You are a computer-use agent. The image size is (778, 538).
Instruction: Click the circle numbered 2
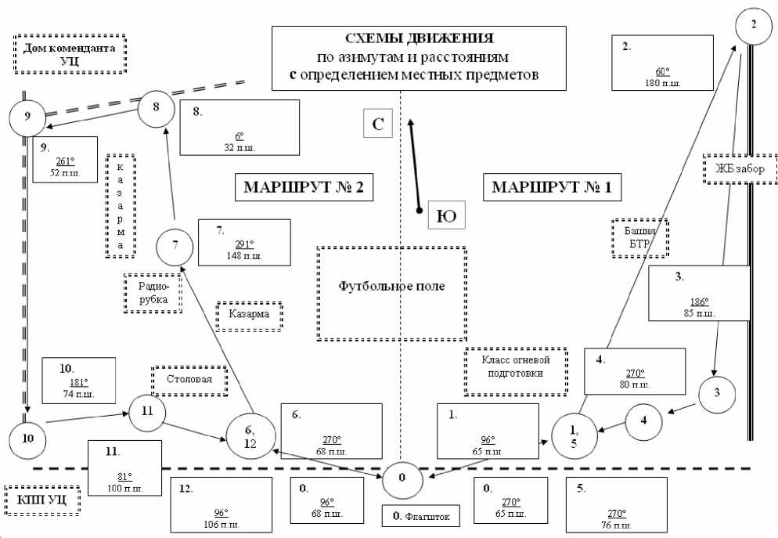click(753, 23)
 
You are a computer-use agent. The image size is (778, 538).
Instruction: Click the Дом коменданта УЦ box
click(70, 54)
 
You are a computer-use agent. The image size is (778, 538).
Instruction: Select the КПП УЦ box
click(43, 498)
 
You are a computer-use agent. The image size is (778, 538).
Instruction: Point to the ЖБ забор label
click(738, 168)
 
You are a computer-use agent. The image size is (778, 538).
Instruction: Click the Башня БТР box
click(640, 237)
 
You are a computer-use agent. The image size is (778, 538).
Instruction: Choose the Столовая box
click(192, 380)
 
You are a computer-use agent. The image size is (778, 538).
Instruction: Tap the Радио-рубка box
click(153, 293)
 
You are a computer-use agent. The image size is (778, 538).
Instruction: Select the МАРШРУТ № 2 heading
click(299, 188)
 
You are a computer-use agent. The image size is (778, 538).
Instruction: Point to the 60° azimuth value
click(662, 72)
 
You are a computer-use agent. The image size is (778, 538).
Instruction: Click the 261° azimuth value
click(65, 162)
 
